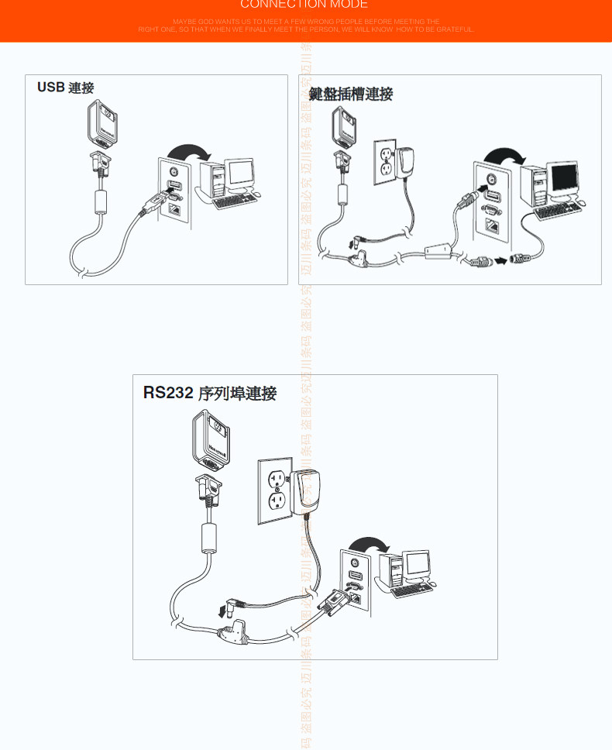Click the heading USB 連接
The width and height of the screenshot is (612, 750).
click(65, 88)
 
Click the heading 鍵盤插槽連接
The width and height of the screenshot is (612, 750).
click(351, 95)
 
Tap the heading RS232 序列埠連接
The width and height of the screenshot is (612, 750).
click(209, 394)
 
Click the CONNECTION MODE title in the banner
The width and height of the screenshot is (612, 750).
click(304, 5)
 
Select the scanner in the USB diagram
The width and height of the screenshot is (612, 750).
click(103, 122)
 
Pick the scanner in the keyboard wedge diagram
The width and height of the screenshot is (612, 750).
click(344, 126)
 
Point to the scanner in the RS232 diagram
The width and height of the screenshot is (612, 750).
click(210, 441)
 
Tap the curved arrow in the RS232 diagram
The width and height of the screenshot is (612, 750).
click(370, 545)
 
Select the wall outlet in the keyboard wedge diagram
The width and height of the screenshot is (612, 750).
click(385, 162)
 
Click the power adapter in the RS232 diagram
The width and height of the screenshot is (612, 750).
click(307, 491)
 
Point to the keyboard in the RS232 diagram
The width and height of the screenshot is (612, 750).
click(412, 590)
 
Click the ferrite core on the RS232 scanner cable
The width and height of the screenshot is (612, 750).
click(207, 537)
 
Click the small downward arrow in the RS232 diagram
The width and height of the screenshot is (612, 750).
click(223, 611)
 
